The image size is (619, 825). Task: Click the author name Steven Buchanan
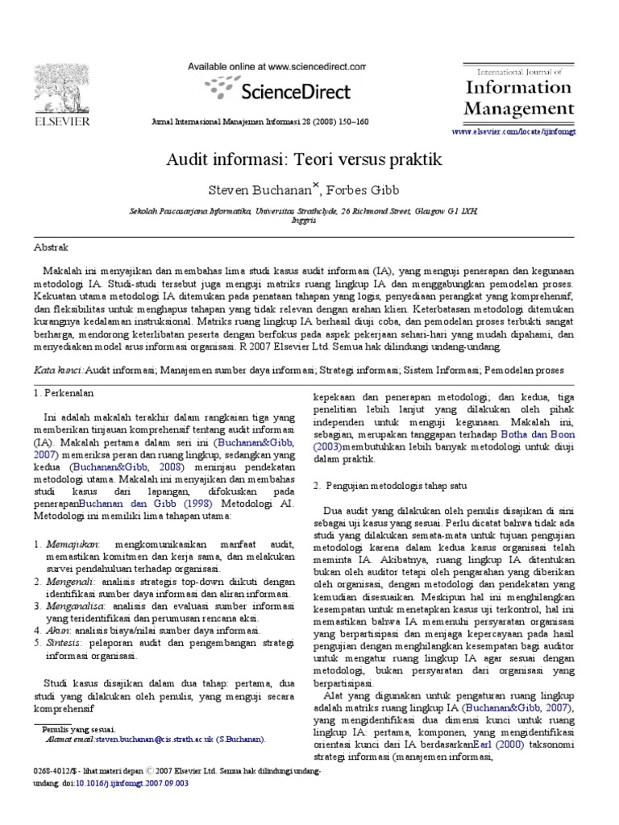click(x=259, y=191)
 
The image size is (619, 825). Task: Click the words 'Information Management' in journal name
click(x=518, y=97)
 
